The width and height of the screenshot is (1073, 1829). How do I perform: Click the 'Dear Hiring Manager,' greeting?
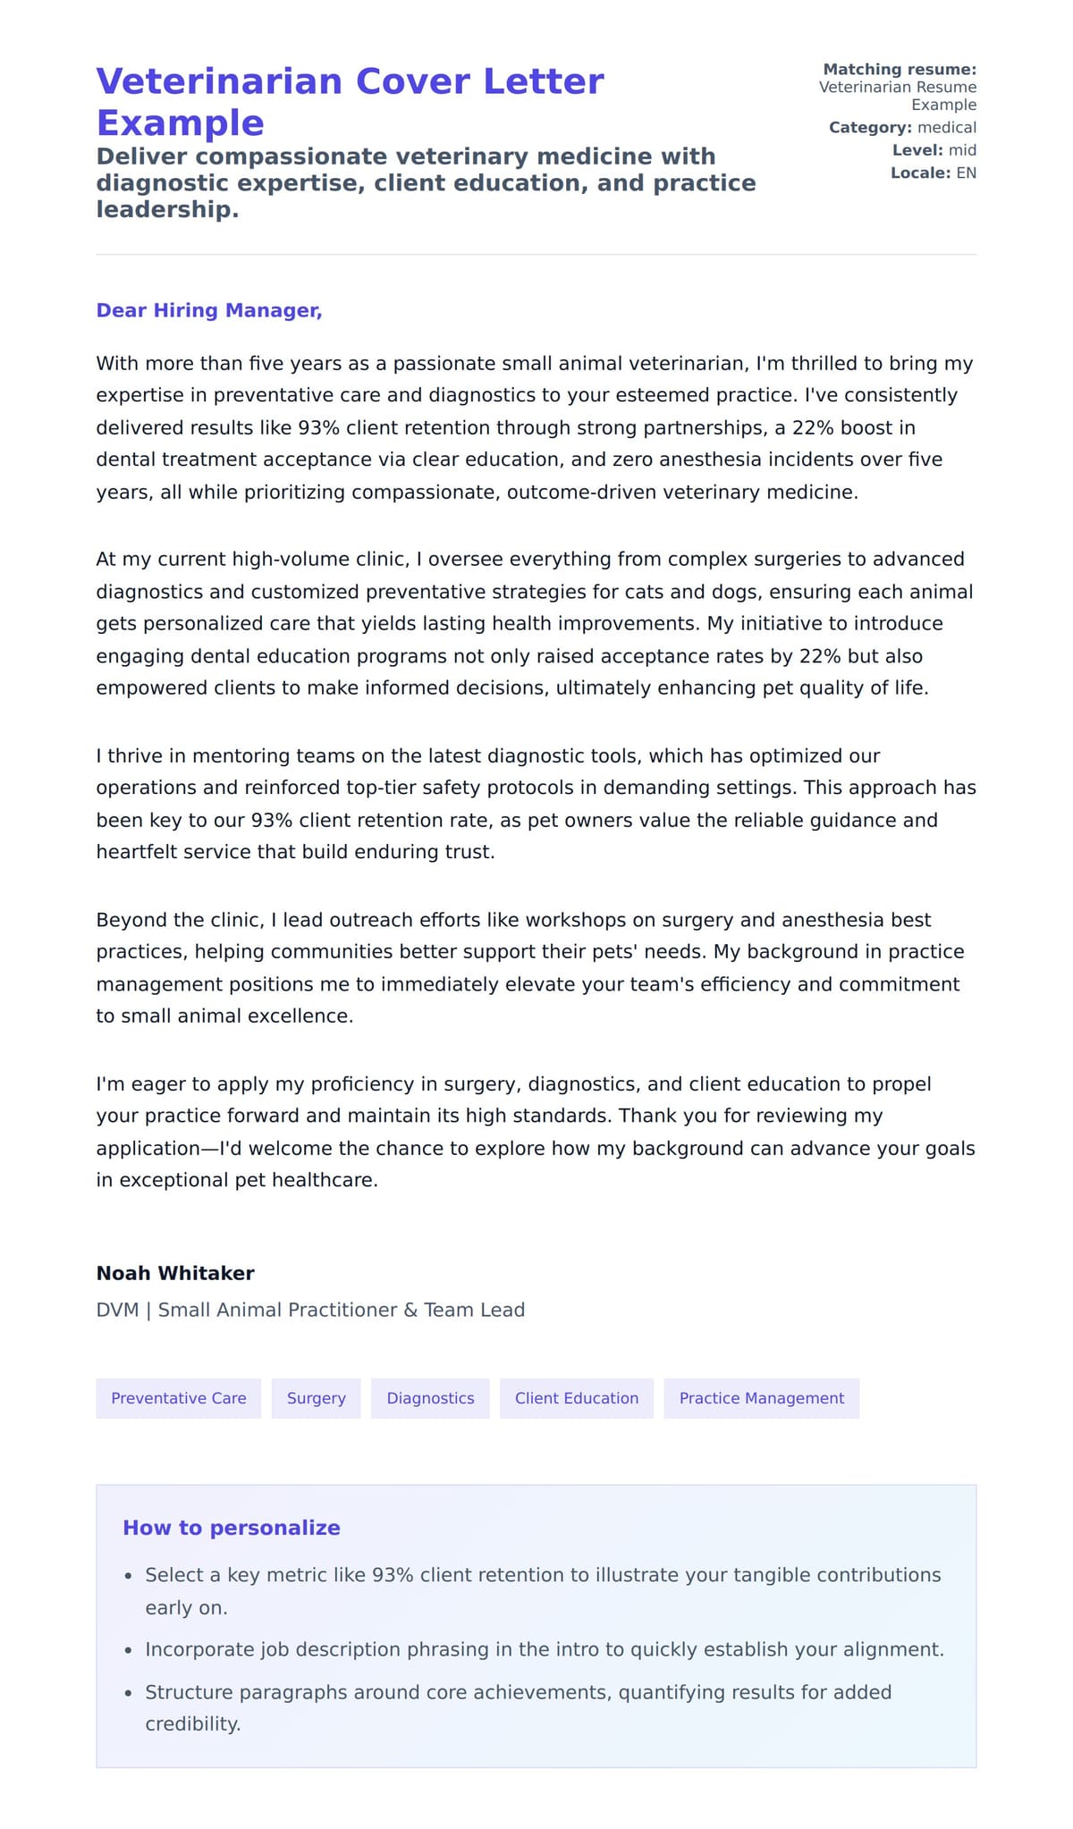[208, 310]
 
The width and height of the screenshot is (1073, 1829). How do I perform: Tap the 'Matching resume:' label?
[899, 69]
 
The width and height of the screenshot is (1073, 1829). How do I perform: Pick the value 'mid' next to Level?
[962, 150]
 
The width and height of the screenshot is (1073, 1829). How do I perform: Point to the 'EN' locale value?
[966, 173]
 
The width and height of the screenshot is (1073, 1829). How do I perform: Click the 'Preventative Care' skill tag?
[178, 1398]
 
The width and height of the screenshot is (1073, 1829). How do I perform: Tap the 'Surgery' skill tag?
[316, 1398]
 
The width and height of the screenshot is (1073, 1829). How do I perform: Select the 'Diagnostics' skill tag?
[430, 1398]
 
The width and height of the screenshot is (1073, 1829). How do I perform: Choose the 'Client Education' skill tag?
[576, 1398]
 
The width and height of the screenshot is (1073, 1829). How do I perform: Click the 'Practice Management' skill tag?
[761, 1398]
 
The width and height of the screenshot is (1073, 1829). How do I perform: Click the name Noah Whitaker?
[175, 1273]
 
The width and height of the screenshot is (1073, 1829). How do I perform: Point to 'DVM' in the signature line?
[117, 1310]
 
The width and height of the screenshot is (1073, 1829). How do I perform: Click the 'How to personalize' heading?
[231, 1528]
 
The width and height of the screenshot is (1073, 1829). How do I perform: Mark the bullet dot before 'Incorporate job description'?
[128, 1651]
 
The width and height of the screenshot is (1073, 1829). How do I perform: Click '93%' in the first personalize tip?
[393, 1575]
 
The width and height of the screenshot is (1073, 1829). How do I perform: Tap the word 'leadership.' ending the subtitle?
[167, 209]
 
